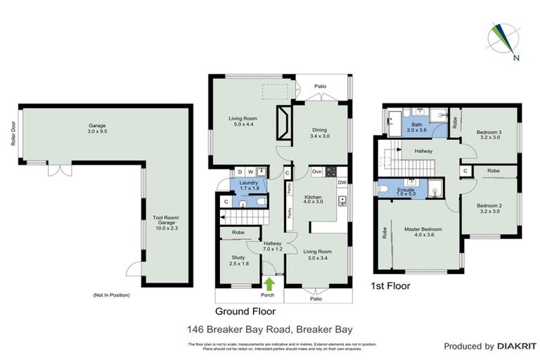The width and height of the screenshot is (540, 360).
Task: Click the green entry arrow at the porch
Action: click(x=269, y=284)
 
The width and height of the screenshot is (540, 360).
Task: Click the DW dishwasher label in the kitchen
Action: click(x=341, y=183)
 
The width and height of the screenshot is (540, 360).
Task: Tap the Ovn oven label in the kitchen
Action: click(x=317, y=172)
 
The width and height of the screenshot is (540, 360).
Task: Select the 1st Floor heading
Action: click(x=390, y=286)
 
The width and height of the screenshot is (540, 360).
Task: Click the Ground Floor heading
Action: click(x=245, y=311)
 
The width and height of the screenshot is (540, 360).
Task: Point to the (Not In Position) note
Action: click(x=112, y=295)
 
